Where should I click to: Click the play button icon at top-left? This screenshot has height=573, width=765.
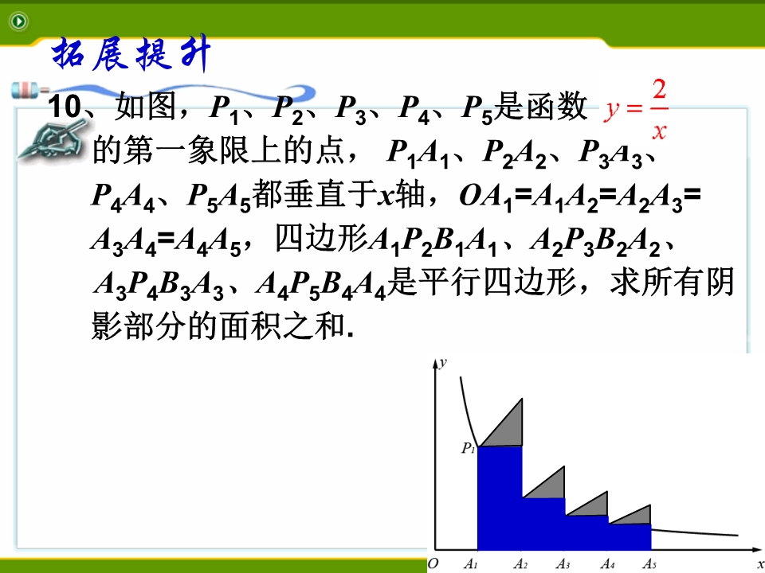pyautogui.click(x=18, y=21)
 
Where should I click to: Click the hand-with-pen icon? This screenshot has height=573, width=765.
pyautogui.click(x=51, y=139)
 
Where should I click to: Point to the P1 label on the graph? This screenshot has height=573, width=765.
pyautogui.click(x=469, y=448)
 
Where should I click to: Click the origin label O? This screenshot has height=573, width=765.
pyautogui.click(x=433, y=563)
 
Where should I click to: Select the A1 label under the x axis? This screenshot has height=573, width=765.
pyautogui.click(x=470, y=563)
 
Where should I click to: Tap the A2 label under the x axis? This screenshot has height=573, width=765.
pyautogui.click(x=520, y=563)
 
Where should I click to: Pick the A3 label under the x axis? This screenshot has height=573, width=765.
pyautogui.click(x=563, y=563)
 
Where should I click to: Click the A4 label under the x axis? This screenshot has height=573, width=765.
pyautogui.click(x=607, y=563)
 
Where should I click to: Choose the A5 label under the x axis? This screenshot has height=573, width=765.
pyautogui.click(x=649, y=563)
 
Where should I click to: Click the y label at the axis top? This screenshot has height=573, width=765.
pyautogui.click(x=443, y=363)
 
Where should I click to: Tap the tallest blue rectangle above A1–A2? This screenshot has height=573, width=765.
pyautogui.click(x=500, y=498)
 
